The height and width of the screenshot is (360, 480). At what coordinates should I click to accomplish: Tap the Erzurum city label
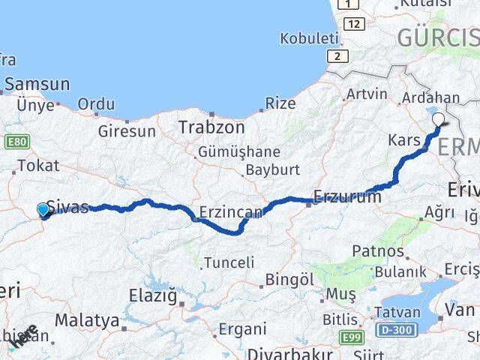coord(347,197)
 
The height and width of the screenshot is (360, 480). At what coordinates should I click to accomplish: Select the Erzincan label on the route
coord(231,213)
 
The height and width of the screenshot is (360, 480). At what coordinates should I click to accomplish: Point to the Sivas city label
coord(67,207)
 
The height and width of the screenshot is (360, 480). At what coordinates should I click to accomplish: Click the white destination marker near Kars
coord(439,118)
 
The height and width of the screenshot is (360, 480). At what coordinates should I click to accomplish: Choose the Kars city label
coord(403,140)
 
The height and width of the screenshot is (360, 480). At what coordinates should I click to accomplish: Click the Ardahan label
coord(430,98)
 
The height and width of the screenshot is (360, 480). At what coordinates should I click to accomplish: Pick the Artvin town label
coord(367,94)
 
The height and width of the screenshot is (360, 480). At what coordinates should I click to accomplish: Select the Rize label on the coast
coord(280,103)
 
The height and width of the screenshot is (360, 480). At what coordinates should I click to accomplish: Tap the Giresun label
coord(127,131)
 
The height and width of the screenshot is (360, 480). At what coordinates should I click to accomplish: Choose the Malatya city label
coord(87,321)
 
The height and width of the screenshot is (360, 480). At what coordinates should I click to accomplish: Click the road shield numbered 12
coord(355,25)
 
